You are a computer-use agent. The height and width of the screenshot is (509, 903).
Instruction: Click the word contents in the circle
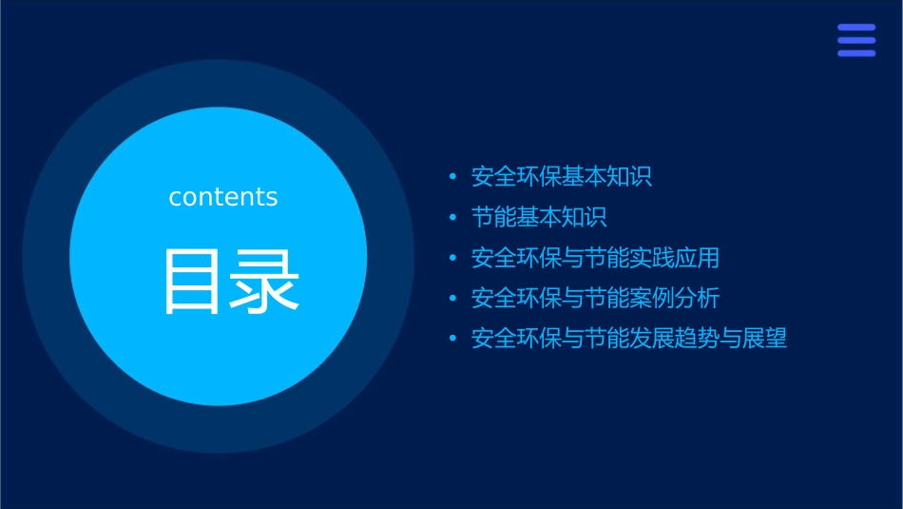223,197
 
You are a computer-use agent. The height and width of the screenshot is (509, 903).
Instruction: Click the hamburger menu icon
855,40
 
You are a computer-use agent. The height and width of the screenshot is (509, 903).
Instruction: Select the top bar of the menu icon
855,28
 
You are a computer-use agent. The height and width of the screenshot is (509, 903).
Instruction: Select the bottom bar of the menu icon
855,53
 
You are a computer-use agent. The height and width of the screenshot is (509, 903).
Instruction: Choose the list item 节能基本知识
539,217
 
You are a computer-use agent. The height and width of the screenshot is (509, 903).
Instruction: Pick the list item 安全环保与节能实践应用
595,258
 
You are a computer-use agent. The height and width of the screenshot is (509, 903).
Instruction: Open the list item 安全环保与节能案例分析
595,298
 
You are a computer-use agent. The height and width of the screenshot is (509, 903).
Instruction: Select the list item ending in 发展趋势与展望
629,339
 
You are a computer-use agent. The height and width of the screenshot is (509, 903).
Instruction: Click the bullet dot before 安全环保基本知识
452,178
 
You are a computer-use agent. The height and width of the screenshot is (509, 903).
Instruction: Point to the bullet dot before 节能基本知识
452,218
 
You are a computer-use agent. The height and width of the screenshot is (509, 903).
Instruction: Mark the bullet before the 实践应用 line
452,259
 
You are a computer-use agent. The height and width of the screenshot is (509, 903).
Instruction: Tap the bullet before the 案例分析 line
452,299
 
